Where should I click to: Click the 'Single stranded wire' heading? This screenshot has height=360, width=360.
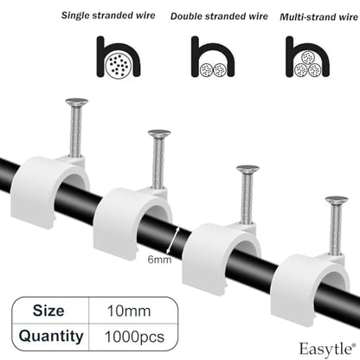(108, 16)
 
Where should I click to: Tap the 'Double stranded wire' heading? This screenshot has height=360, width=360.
(219, 16)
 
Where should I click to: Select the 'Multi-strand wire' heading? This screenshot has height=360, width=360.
(318, 17)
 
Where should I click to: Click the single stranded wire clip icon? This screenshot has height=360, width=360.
(119, 56)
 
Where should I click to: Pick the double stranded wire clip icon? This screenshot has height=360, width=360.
(213, 56)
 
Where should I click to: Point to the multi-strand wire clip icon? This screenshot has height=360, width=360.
(307, 56)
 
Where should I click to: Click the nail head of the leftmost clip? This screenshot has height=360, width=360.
(76, 101)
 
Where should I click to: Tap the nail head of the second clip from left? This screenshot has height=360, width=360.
(159, 133)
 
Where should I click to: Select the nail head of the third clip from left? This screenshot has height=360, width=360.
(247, 169)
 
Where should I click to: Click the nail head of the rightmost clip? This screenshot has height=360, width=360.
(337, 200)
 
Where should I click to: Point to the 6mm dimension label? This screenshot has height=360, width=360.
(159, 260)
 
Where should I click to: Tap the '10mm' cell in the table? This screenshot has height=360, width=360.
(129, 312)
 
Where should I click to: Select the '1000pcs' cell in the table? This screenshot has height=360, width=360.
(134, 337)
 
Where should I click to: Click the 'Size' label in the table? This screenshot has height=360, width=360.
(48, 311)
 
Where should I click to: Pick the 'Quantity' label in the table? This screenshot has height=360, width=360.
(51, 337)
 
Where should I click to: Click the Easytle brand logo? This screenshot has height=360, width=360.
(325, 349)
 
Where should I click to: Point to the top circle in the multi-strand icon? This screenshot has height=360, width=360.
(307, 57)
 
